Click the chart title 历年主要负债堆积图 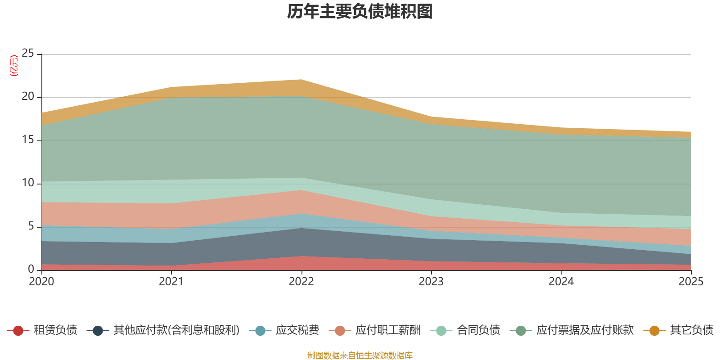pos(360,12)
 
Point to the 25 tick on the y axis pos(28,54)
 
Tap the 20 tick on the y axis pos(28,97)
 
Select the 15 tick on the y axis pos(28,140)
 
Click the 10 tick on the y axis pos(28,183)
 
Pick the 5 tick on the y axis pos(31,226)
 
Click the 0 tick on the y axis pos(31,269)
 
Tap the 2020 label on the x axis pos(41,282)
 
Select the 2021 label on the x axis pos(171,282)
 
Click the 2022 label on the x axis pos(301,282)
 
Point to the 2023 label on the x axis pos(431,282)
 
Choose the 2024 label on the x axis pos(561,282)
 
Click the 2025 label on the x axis pos(691,282)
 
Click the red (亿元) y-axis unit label pos(14,66)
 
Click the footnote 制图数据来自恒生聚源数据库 pos(360,355)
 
